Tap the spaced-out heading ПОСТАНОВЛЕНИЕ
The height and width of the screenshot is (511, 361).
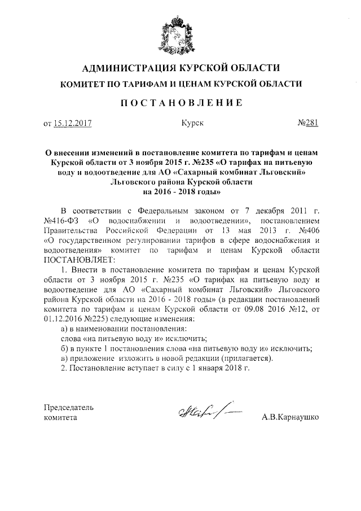180,103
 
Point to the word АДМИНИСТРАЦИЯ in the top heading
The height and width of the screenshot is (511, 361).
120,68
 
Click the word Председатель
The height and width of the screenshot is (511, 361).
69,408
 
